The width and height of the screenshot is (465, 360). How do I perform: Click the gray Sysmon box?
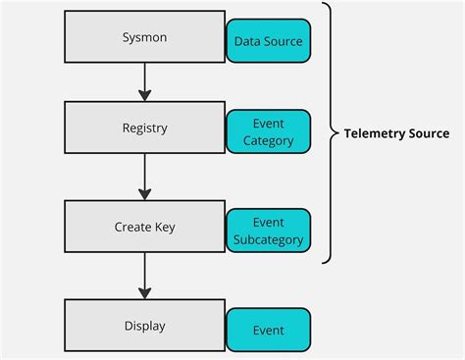pos(145,37)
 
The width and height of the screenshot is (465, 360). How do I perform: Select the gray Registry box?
pos(145,128)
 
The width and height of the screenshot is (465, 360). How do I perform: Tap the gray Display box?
pos(145,326)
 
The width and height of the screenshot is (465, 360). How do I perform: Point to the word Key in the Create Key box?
pos(165,227)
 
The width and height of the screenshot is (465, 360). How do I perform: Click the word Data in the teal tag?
pos(248,42)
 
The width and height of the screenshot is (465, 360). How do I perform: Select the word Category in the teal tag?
pos(269,140)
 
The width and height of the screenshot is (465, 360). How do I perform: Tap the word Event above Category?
pos(269,124)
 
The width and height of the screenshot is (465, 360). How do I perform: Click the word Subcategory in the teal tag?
pos(269,239)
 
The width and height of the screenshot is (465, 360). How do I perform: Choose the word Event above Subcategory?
pos(269,223)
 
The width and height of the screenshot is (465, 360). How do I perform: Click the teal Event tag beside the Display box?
pos(269,331)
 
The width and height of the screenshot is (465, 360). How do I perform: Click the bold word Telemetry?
pos(375,133)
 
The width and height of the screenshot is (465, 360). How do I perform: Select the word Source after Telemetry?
pos(430,133)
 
